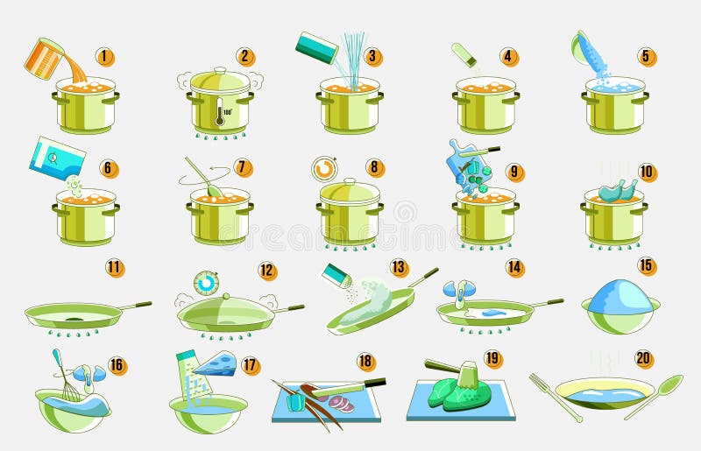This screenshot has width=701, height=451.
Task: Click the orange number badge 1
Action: pos(105,57)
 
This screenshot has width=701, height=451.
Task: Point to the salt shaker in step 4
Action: pos(464,54)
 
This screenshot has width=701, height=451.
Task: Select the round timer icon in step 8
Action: pos(324,167)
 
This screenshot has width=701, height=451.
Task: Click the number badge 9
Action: pos(514,173)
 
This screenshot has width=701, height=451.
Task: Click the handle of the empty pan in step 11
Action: pos(135,306)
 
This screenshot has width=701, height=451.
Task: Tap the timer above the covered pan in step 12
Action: pos(207,283)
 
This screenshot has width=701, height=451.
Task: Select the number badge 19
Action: pos(493,358)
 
